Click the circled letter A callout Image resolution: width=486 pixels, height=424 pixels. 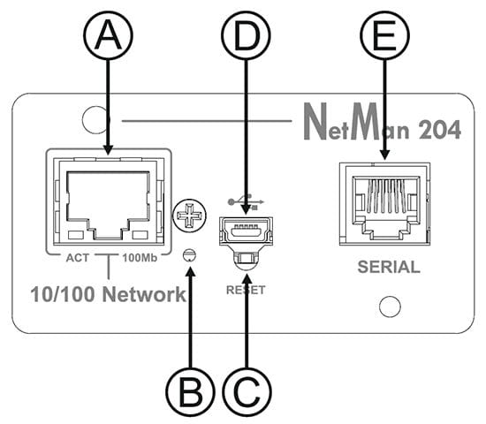108,35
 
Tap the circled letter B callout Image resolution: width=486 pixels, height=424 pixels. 190,391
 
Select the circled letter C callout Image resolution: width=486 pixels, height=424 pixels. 247,391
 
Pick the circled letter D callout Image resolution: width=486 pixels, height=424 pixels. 247,35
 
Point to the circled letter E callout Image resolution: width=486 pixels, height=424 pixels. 384,35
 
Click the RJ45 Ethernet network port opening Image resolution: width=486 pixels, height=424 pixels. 108,205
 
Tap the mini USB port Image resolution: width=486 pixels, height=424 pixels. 247,231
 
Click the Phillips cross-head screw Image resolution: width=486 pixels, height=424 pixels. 189,216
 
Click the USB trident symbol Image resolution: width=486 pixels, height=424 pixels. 246,201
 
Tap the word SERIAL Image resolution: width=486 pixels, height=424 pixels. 389,267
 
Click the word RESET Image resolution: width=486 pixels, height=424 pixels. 246,290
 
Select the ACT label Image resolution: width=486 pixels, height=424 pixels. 78,258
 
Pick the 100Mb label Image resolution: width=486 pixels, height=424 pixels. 140,258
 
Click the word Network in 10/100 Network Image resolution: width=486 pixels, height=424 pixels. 144,294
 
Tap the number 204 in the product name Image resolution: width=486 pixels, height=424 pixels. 439,130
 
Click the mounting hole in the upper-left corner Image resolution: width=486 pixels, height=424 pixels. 96,120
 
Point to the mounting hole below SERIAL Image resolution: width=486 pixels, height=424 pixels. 390,307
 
